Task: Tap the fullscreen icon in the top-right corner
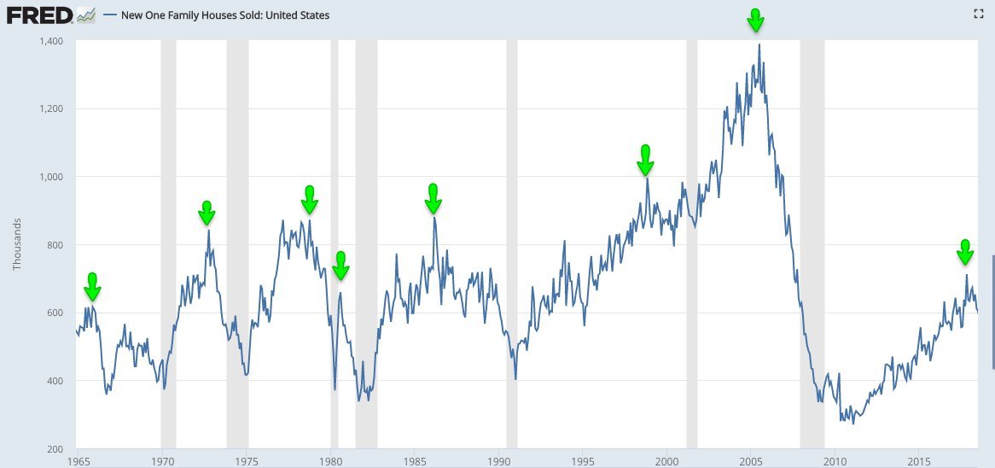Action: tap(980, 14)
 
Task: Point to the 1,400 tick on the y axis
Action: tap(50, 41)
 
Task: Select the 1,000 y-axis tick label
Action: tap(50, 177)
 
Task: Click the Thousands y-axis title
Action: tap(17, 244)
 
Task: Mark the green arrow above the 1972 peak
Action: tap(207, 213)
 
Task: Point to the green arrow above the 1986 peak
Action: tap(433, 198)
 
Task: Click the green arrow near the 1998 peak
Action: tap(646, 160)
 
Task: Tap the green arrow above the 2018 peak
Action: tap(965, 253)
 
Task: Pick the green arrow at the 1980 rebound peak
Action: tap(340, 266)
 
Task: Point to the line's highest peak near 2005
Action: tap(759, 45)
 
